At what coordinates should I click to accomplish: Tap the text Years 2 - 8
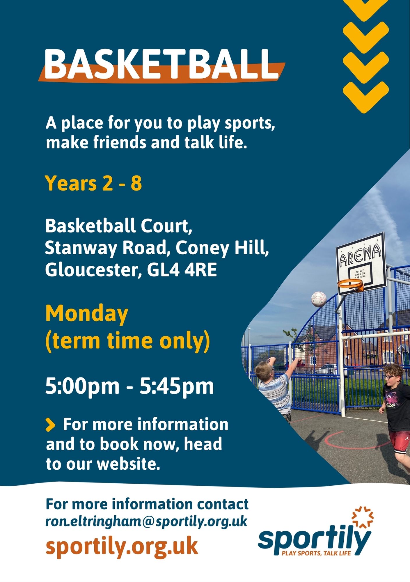pos(93,183)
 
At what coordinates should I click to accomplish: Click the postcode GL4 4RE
pos(182,270)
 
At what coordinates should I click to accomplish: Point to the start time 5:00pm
pos(82,386)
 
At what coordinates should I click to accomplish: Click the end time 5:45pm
pos(177,386)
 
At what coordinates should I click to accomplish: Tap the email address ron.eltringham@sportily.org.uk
pos(146,521)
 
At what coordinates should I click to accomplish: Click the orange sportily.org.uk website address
pos(122,546)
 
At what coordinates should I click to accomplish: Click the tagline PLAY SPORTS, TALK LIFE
pos(316,553)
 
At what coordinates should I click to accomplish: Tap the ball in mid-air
pos(319,299)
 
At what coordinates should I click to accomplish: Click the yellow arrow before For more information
pos(50,425)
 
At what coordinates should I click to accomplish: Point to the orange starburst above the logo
pos(363,517)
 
